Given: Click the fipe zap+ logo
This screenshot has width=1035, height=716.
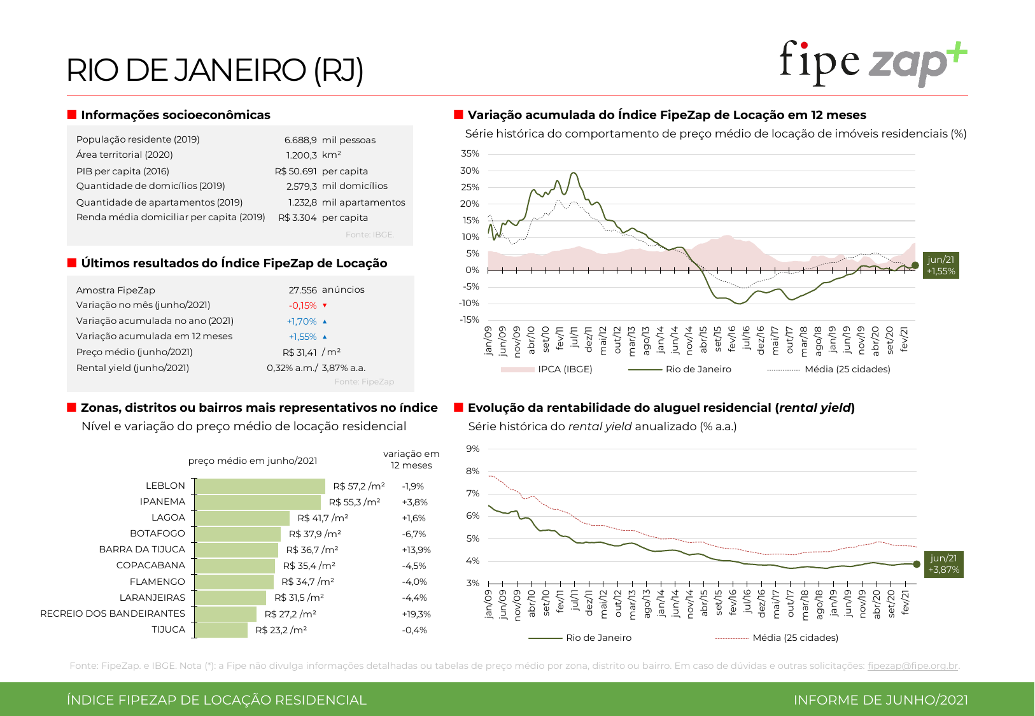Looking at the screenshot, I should coord(873,63).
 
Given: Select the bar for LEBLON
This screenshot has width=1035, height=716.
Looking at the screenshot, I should coord(260,486).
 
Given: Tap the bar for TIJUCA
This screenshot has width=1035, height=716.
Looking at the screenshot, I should coord(221,630).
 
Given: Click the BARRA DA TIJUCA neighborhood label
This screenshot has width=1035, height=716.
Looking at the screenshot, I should coord(142,549).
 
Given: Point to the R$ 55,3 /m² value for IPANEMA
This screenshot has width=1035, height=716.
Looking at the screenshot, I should coord(355,502).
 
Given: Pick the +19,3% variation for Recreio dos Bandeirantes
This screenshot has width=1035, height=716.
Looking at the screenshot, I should coord(416,614).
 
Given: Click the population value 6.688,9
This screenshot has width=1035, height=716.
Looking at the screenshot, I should coord(300,140).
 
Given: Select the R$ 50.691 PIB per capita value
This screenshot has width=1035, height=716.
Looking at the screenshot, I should coord(295,171).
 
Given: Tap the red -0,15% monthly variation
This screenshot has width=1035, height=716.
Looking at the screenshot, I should coord(303,305).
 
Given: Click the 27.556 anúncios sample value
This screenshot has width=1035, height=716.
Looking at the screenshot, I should coord(303,290).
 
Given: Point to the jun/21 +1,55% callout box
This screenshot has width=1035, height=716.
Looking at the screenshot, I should coord(941,265).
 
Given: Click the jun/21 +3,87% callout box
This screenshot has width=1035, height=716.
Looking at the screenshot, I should coord(943,564).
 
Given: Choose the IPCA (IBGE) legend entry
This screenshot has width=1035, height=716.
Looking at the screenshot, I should coord(565,369).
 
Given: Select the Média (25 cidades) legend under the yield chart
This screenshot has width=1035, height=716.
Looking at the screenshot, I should coord(795,638).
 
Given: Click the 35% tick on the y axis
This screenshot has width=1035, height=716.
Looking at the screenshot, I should coord(470,153).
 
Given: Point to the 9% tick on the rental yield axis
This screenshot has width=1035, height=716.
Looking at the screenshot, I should coord(472,449).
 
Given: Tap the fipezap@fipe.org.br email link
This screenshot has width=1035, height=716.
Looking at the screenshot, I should coord(912,666).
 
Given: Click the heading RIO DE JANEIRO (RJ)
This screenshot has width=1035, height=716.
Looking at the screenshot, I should coord(215,70).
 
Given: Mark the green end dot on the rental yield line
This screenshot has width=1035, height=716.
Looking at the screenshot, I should coord(917,564).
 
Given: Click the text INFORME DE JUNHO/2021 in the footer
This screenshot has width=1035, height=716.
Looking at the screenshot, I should coord(880,700).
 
